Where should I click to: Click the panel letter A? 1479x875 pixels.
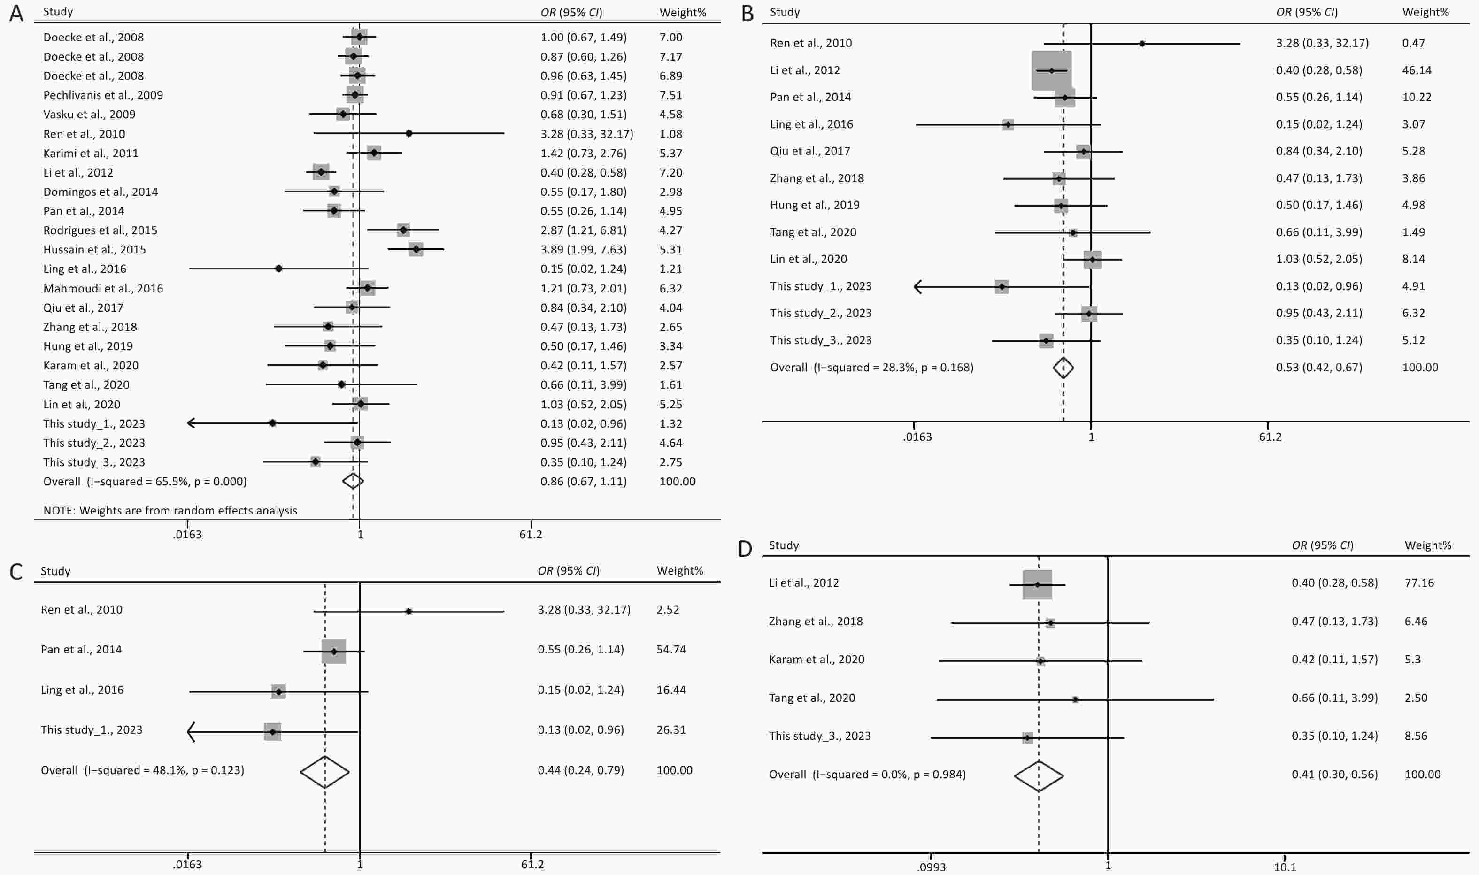pyautogui.click(x=16, y=13)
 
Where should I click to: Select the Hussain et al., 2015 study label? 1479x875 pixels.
pyautogui.click(x=94, y=249)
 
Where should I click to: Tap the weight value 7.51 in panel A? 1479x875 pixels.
pyautogui.click(x=670, y=95)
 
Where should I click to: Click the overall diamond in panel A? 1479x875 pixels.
pyautogui.click(x=353, y=481)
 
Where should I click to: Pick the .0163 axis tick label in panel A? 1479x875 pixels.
pyautogui.click(x=187, y=535)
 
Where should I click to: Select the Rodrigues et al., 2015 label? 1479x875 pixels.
pyautogui.click(x=100, y=230)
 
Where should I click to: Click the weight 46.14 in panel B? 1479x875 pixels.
pyautogui.click(x=1417, y=70)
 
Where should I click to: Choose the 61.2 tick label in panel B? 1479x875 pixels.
pyautogui.click(x=1270, y=437)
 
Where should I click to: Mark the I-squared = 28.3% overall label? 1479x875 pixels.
pyautogui.click(x=871, y=368)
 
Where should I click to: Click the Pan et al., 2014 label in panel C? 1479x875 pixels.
pyautogui.click(x=81, y=649)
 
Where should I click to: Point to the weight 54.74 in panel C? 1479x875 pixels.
pyautogui.click(x=671, y=649)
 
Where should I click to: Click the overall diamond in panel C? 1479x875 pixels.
pyautogui.click(x=325, y=771)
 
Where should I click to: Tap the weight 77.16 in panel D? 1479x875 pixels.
pyautogui.click(x=1419, y=583)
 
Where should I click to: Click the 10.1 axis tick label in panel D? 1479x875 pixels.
pyautogui.click(x=1285, y=867)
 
